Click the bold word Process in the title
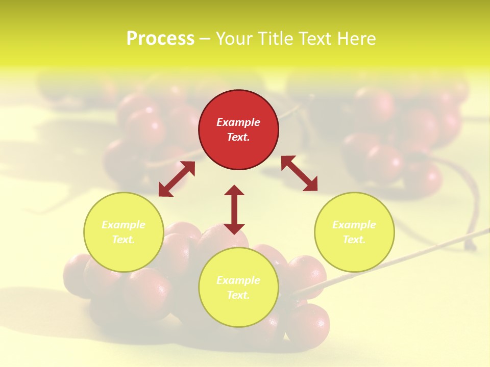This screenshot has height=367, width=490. tap(160, 39)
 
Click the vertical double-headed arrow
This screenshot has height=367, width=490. tap(234, 209)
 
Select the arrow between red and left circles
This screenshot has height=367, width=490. tap(177, 179)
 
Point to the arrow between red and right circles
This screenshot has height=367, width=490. tap(299, 173)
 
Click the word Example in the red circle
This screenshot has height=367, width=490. tap(238, 122)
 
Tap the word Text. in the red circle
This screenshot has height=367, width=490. tap(238, 137)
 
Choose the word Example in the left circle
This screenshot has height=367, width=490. tap(124, 225)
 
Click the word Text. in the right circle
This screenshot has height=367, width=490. tap(354, 240)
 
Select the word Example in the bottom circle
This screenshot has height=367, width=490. tap(238, 280)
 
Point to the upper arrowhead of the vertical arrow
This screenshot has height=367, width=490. tap(234, 192)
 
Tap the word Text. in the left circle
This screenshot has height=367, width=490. tap(124, 240)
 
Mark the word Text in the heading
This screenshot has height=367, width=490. tap(314, 39)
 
